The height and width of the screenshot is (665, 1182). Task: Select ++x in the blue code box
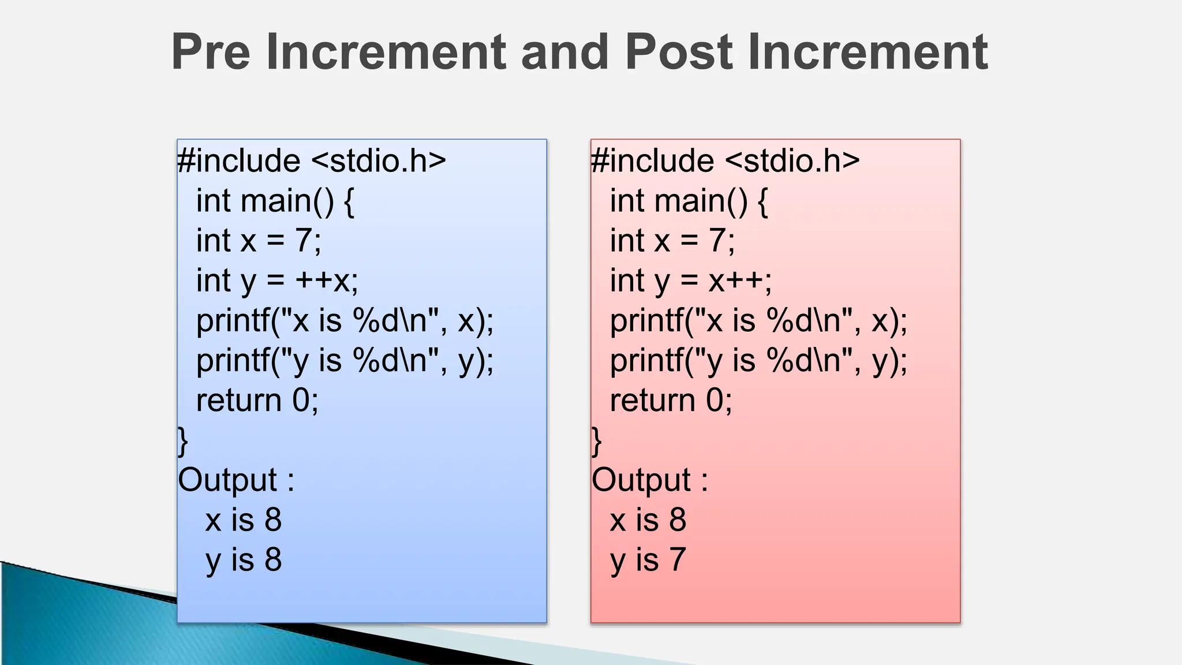coord(327,281)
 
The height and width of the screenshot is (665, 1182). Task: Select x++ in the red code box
coord(740,281)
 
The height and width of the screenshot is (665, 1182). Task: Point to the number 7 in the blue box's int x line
coord(304,241)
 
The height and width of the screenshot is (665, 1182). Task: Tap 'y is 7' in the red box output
coord(648,560)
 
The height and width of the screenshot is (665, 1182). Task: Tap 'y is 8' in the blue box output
coord(244,560)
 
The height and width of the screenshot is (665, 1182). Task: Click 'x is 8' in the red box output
coord(648,520)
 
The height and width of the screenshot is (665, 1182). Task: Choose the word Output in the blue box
coord(228,480)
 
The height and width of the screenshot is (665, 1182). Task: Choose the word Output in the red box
coord(642,480)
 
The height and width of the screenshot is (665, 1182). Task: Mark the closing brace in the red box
coord(597,442)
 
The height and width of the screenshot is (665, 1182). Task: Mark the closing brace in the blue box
coord(183,442)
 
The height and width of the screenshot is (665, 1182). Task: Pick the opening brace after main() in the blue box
coord(349,201)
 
